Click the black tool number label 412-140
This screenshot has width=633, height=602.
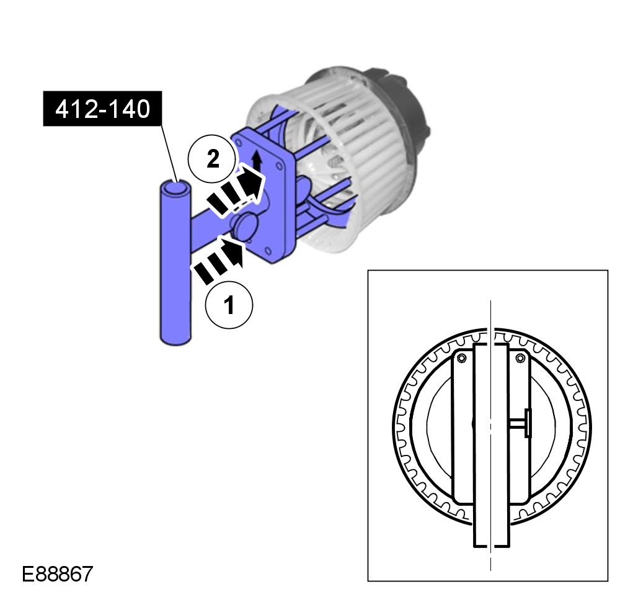point(102,109)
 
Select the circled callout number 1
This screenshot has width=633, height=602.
point(229,305)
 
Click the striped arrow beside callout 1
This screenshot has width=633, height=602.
point(219,259)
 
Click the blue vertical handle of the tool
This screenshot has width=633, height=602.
point(175,263)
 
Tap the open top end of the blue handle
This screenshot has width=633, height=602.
point(176,188)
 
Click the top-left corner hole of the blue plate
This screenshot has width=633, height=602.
point(239,143)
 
